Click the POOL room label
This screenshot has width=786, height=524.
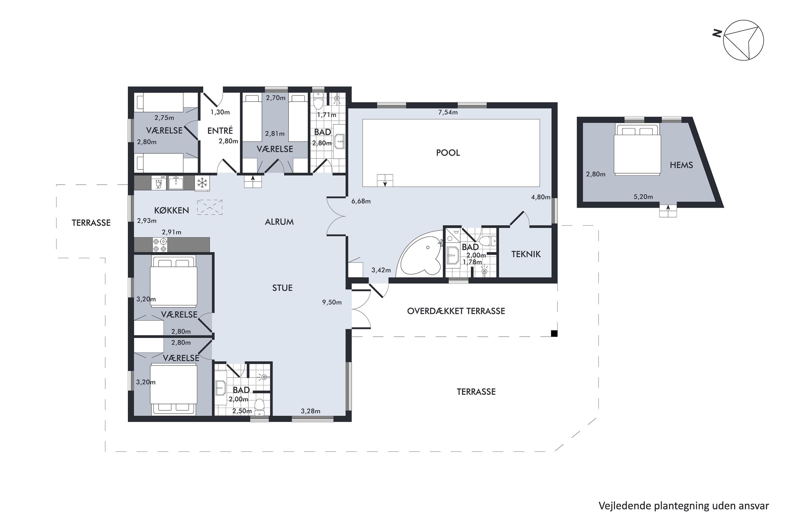(x=448, y=153)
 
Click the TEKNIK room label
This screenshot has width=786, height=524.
(x=526, y=254)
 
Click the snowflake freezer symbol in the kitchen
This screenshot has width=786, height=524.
(x=202, y=183)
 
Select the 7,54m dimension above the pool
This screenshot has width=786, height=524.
(x=448, y=112)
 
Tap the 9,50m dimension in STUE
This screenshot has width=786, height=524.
(x=332, y=302)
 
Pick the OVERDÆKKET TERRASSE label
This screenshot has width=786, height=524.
(x=456, y=311)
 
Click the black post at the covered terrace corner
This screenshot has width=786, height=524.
(x=554, y=333)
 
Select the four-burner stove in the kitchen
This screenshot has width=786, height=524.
(x=160, y=245)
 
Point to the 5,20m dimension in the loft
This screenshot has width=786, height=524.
(x=643, y=197)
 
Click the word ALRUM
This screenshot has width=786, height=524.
(x=279, y=222)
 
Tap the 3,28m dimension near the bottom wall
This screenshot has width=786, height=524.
(x=310, y=411)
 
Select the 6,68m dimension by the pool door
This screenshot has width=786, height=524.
(x=361, y=201)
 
